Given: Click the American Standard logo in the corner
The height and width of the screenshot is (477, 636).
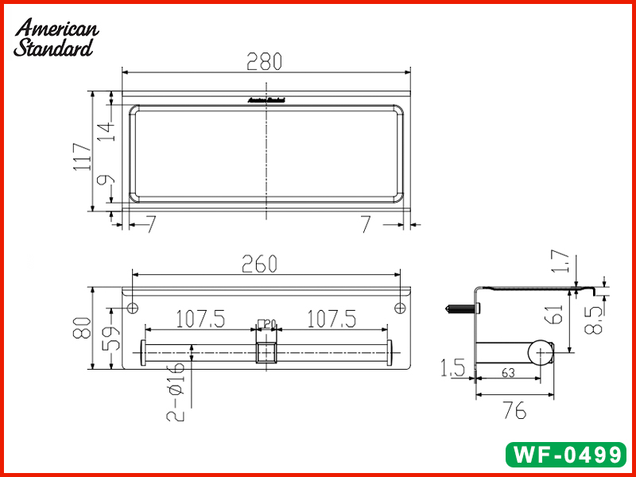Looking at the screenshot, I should (x=56, y=38).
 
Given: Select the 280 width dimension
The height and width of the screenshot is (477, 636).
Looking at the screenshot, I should (x=265, y=61).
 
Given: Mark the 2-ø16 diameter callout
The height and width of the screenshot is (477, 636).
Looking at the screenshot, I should (x=176, y=390).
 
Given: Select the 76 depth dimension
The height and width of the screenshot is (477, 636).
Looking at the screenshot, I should (x=514, y=411).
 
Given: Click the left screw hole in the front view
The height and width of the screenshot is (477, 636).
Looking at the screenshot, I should (x=133, y=307).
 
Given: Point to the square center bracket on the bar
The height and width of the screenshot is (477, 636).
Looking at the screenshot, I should (x=266, y=351).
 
